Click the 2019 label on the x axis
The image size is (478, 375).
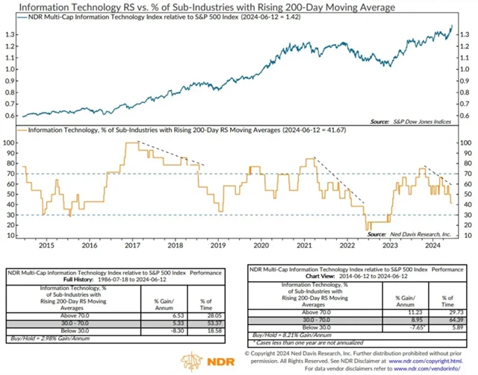[217, 245]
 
